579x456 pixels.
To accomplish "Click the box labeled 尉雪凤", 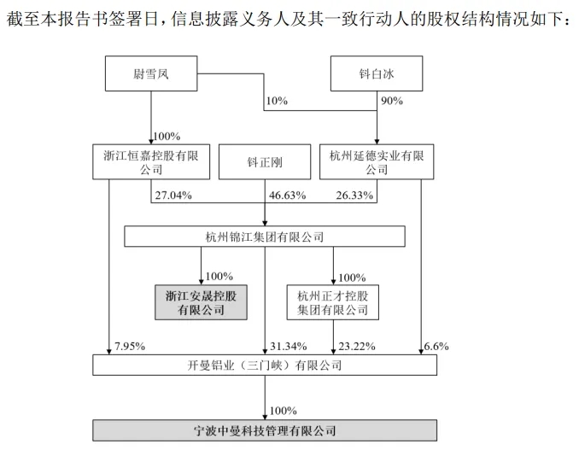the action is pos(151,73).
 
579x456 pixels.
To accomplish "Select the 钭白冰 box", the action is pos(377,73).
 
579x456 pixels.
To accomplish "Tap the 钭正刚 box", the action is pos(265,161).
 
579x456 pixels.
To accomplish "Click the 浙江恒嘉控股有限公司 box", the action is pos(151,161).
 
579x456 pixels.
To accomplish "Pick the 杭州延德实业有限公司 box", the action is pos(377,161).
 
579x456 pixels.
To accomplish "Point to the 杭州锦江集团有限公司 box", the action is pos(265,237).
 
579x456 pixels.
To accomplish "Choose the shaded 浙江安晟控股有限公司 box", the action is pos(201,302).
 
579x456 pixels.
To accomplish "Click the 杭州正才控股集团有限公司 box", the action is pos(333,302).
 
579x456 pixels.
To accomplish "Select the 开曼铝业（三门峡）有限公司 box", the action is pos(265,365).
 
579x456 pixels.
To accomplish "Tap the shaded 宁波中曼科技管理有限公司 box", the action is pos(265,430).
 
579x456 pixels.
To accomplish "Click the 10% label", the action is pos(277,101).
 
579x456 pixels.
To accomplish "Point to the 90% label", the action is pos(392,101).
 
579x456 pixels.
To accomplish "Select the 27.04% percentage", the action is pos(173,195).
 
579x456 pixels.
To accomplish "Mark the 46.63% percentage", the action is pos(287,195).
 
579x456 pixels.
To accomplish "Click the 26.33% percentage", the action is pos(354,195).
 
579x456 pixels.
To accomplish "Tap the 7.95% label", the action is pos(130,347).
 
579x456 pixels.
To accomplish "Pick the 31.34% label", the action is pos(289,347).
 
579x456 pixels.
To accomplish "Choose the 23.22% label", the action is pos(357,347).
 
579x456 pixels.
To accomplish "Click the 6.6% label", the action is pos(436,347).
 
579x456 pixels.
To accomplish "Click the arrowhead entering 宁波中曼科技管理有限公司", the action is pos(265,417).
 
